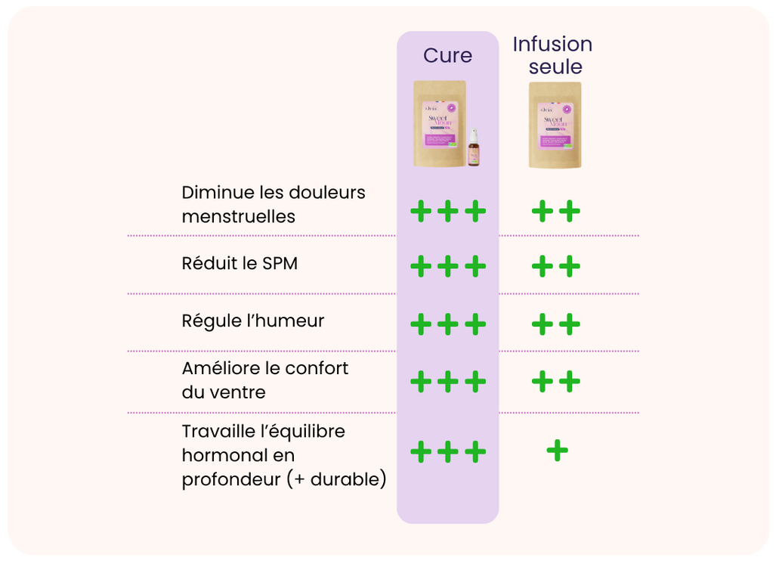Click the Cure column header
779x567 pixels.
tap(447, 56)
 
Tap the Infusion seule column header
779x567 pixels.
tap(552, 55)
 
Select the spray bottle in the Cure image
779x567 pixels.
tap(473, 147)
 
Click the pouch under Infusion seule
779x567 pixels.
tap(555, 125)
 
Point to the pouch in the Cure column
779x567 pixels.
tap(439, 123)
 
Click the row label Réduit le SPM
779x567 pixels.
tap(240, 264)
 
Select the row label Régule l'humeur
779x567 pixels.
tap(252, 321)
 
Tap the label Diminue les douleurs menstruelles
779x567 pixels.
tap(273, 204)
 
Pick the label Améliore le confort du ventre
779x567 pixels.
tap(264, 380)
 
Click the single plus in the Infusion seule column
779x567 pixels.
tap(557, 451)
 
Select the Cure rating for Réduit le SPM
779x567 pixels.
tap(447, 266)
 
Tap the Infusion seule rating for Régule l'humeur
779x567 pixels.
tap(555, 324)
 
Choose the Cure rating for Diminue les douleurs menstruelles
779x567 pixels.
tap(447, 211)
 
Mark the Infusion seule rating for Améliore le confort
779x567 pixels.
tap(555, 382)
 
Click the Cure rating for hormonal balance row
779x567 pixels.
tap(447, 452)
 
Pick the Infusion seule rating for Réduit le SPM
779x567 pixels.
tap(555, 266)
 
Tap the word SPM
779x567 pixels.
tap(280, 264)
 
